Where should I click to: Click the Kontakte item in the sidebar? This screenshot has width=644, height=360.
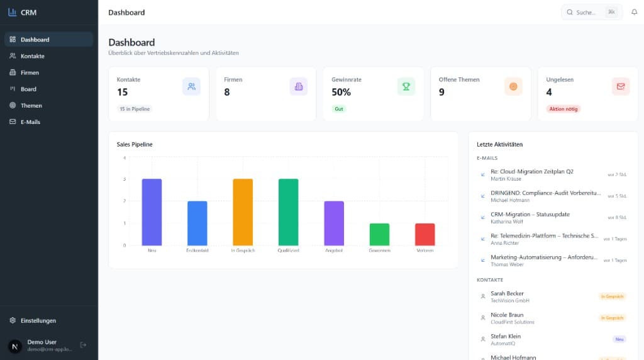click(x=32, y=56)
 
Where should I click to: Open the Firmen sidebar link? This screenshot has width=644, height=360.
click(x=30, y=72)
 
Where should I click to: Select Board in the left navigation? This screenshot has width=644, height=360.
click(x=28, y=89)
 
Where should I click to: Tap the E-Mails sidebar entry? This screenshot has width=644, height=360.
click(x=30, y=121)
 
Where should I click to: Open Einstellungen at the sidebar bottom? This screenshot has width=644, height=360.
click(x=38, y=320)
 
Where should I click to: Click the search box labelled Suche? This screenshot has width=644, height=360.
click(x=585, y=12)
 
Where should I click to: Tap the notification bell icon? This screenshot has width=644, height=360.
click(x=634, y=12)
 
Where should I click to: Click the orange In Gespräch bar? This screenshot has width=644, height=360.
click(x=243, y=212)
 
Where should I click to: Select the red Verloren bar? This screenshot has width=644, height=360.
click(x=425, y=234)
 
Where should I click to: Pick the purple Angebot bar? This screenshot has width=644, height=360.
click(x=334, y=223)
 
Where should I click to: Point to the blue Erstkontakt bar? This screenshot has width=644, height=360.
click(x=197, y=223)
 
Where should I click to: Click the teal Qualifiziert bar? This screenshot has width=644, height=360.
click(x=288, y=212)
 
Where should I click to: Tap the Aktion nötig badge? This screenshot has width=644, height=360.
click(x=563, y=109)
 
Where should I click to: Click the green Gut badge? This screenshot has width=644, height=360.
click(x=339, y=109)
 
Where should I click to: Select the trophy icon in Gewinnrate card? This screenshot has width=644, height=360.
click(x=406, y=87)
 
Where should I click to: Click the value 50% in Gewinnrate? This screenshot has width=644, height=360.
click(x=341, y=92)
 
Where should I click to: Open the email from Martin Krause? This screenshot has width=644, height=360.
click(x=531, y=175)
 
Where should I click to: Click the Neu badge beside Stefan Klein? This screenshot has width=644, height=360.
click(x=619, y=339)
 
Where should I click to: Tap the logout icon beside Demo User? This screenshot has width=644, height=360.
click(x=84, y=345)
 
